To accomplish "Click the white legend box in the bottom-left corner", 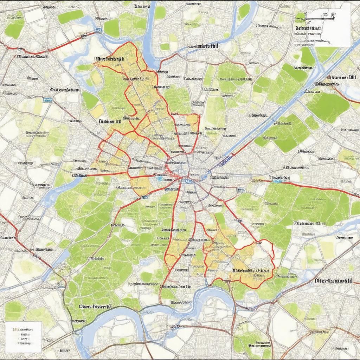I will coord(23,336).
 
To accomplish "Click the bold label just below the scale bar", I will coord(308,28).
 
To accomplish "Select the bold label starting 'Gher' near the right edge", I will coord(333,281).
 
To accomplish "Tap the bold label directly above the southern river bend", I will coord(176,287).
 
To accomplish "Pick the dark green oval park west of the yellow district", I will coord(90,101).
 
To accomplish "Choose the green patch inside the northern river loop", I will coord(160,13).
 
